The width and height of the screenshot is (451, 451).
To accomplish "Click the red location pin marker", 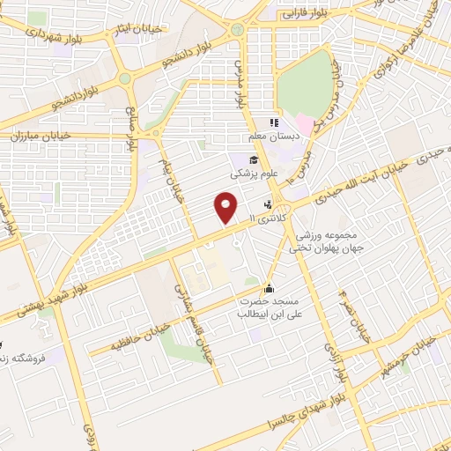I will tap(226, 209).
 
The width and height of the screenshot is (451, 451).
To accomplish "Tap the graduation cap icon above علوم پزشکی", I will tap(253, 159).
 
